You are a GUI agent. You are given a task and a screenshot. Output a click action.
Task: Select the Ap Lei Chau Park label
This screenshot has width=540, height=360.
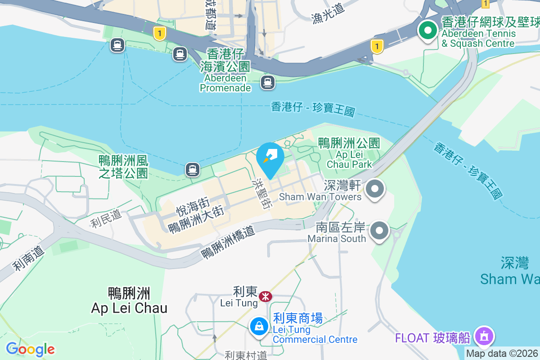point(349,153)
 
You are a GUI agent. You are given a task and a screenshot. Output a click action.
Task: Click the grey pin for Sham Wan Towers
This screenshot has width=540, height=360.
point(374,189)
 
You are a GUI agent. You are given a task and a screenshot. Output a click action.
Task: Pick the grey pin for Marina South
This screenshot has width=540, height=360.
point(379,231)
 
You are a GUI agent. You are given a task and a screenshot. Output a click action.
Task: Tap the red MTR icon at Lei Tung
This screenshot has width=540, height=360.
point(265,296)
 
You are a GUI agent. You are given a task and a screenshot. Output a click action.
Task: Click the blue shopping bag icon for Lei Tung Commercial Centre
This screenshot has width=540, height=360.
point(259,326)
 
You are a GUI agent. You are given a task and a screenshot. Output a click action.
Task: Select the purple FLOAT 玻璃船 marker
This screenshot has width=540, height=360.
point(484,336)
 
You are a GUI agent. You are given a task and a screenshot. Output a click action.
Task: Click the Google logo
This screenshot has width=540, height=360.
point(30,349)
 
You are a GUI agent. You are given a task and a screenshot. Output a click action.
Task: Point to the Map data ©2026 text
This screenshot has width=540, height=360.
point(502,354)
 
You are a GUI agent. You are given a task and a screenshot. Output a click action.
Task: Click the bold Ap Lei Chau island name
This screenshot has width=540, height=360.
point(129,301)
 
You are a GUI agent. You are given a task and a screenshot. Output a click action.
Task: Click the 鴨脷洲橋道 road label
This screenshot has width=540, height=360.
point(228,242)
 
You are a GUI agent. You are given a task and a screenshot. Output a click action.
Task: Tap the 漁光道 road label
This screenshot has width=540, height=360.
point(328,18)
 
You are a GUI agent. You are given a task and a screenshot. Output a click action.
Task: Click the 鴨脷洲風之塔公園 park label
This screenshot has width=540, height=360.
point(123,166)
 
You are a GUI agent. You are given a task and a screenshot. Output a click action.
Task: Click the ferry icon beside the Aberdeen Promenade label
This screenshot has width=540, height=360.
point(268,82)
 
